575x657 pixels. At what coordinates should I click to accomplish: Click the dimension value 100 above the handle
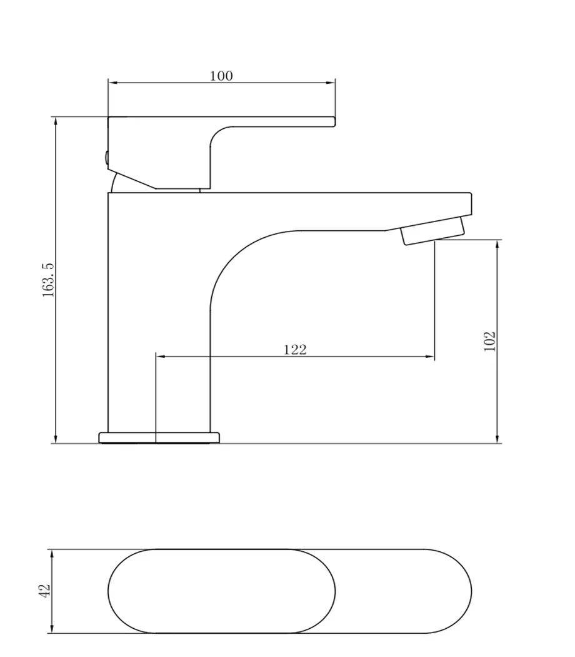click(221, 76)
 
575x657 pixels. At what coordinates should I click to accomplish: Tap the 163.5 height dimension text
click(48, 280)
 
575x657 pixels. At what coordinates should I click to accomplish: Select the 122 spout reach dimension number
click(295, 349)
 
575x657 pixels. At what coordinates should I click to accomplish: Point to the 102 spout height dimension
click(489, 342)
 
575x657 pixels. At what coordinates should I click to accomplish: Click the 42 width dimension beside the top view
click(44, 591)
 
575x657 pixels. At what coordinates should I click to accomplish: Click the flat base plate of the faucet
click(159, 437)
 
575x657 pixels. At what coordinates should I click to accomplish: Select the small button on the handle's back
click(106, 157)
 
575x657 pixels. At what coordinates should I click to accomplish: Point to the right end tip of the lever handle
click(335, 121)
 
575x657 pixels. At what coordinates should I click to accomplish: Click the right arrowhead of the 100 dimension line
click(331, 83)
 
